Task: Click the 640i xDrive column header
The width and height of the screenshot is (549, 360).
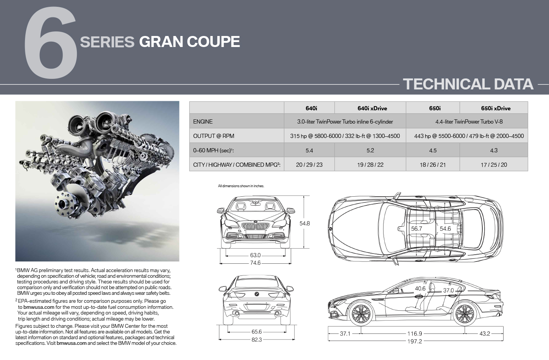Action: [372, 108]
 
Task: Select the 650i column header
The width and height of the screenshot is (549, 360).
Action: [435, 108]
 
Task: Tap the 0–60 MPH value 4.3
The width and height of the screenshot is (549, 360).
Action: [494, 150]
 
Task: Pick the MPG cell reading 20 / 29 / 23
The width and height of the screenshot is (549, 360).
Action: [309, 165]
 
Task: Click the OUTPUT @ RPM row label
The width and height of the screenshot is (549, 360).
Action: [214, 136]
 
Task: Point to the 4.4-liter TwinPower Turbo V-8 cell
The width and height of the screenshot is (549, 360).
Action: [469, 122]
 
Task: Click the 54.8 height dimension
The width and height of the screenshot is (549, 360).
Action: [305, 224]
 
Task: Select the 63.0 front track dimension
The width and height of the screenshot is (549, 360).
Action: [255, 255]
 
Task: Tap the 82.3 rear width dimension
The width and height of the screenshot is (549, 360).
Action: [257, 340]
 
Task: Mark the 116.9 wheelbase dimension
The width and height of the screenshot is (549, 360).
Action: [415, 333]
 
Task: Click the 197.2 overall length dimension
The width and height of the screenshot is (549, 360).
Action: [415, 341]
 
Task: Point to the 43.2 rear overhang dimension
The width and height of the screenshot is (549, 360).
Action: [485, 333]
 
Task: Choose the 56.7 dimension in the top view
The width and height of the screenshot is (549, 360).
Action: [416, 229]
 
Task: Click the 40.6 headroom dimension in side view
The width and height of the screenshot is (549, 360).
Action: [420, 289]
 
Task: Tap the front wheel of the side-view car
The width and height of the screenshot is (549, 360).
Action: [361, 314]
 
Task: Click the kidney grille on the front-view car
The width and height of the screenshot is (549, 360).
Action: [255, 226]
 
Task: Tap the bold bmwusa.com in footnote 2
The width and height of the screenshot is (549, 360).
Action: [39, 307]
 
